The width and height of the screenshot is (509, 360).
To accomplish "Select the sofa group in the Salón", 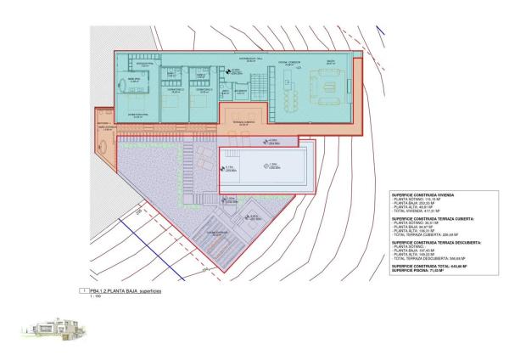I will click(x=326, y=87).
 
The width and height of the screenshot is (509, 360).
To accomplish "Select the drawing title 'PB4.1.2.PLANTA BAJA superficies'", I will click(x=125, y=290).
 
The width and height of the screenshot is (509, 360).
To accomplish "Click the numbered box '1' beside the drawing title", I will click(x=82, y=290).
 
